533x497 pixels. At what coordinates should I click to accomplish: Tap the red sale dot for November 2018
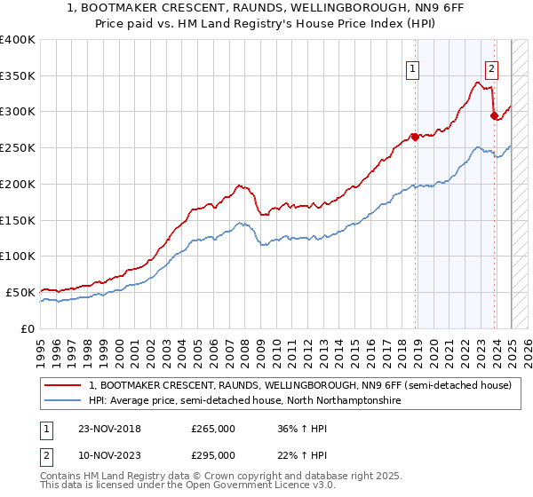(415, 137)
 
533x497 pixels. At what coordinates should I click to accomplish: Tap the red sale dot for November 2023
(493, 114)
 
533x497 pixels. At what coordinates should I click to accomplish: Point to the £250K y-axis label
(19, 147)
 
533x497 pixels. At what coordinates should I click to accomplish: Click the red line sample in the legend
(63, 385)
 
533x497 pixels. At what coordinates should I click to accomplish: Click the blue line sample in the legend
(63, 401)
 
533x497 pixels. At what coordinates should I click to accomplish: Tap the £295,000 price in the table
(213, 454)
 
